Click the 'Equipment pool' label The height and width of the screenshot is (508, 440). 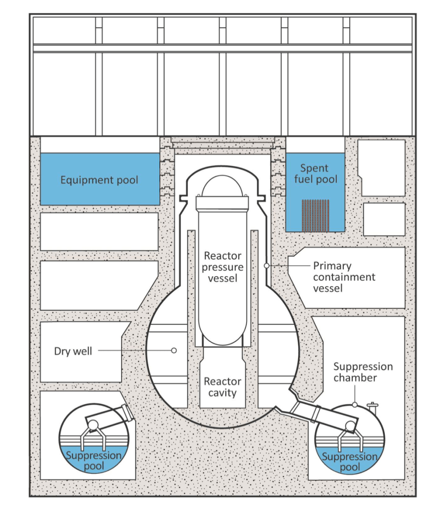[x=99, y=180]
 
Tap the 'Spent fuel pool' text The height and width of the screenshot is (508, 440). [x=315, y=174]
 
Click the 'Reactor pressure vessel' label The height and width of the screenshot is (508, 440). [x=223, y=267]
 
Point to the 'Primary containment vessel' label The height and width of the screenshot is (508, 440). [x=344, y=277]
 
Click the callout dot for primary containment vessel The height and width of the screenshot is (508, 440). [x=266, y=266]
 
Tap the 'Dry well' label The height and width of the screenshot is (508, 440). [x=73, y=351]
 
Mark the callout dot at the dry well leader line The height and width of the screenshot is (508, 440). [x=174, y=351]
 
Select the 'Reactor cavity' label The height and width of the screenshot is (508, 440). [x=223, y=387]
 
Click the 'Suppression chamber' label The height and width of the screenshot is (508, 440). [x=363, y=372]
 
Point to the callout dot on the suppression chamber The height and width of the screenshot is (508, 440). [x=354, y=405]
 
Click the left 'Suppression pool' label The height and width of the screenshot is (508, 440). [x=94, y=459]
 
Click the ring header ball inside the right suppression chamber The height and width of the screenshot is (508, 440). [x=351, y=426]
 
